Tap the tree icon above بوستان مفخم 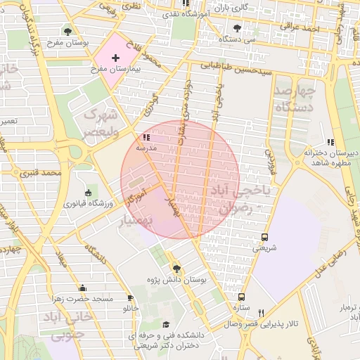(67, 32)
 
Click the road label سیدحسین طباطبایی (228, 70)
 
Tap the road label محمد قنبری (41, 172)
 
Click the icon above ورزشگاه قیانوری (88, 193)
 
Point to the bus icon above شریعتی (265, 237)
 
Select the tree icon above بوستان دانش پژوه (176, 269)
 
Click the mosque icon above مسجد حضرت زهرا (83, 288)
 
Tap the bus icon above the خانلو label (131, 297)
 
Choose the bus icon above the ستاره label (242, 297)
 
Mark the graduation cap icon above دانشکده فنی (166, 324)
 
